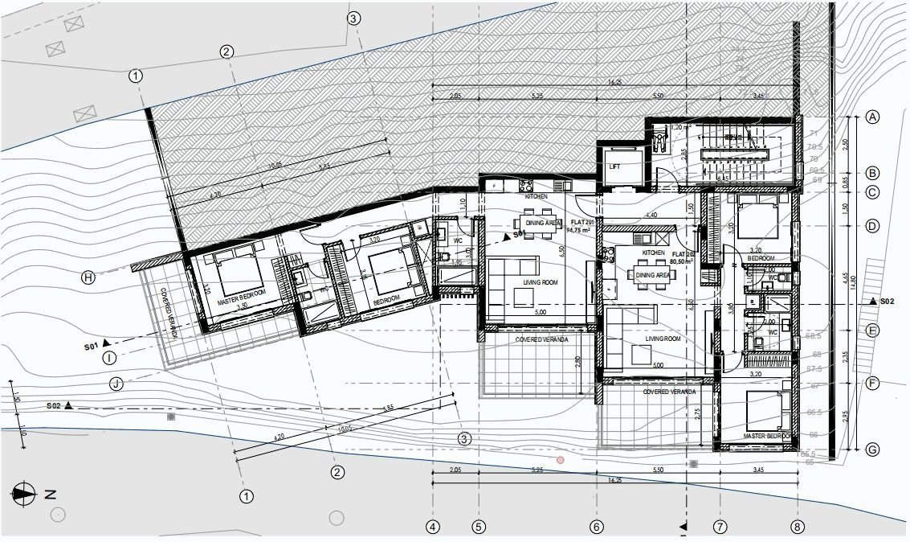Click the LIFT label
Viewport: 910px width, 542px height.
tap(616, 167)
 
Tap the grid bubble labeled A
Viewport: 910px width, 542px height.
tap(872, 117)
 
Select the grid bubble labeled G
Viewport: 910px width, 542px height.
tap(872, 449)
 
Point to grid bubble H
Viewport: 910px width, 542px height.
tap(88, 277)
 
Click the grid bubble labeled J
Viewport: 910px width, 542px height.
tap(116, 384)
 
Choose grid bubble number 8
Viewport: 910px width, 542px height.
tap(797, 528)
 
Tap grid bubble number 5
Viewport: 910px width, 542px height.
tap(479, 528)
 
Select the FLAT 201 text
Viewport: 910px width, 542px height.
tap(582, 221)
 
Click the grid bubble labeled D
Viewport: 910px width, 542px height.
tap(872, 227)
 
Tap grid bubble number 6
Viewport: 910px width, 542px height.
tap(596, 528)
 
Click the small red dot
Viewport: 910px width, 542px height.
tap(561, 460)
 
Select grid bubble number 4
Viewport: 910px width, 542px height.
tap(434, 528)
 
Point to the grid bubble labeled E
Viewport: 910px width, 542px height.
tap(872, 330)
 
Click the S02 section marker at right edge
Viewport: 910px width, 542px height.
tap(881, 301)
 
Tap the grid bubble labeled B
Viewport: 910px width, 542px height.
tap(872, 173)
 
